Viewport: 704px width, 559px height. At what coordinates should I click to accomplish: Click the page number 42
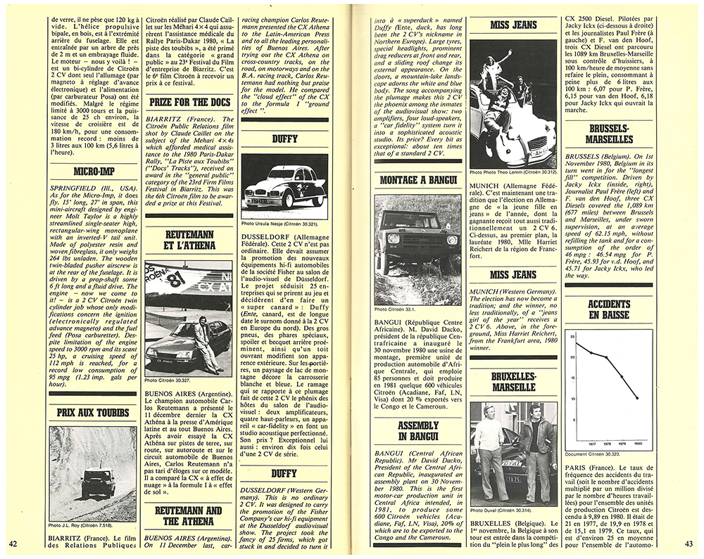click(12, 543)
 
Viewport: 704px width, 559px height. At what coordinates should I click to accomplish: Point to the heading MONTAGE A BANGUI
click(417, 180)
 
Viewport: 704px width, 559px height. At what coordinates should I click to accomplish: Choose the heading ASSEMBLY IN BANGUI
click(417, 431)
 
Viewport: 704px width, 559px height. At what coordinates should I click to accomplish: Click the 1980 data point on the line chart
click(636, 398)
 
